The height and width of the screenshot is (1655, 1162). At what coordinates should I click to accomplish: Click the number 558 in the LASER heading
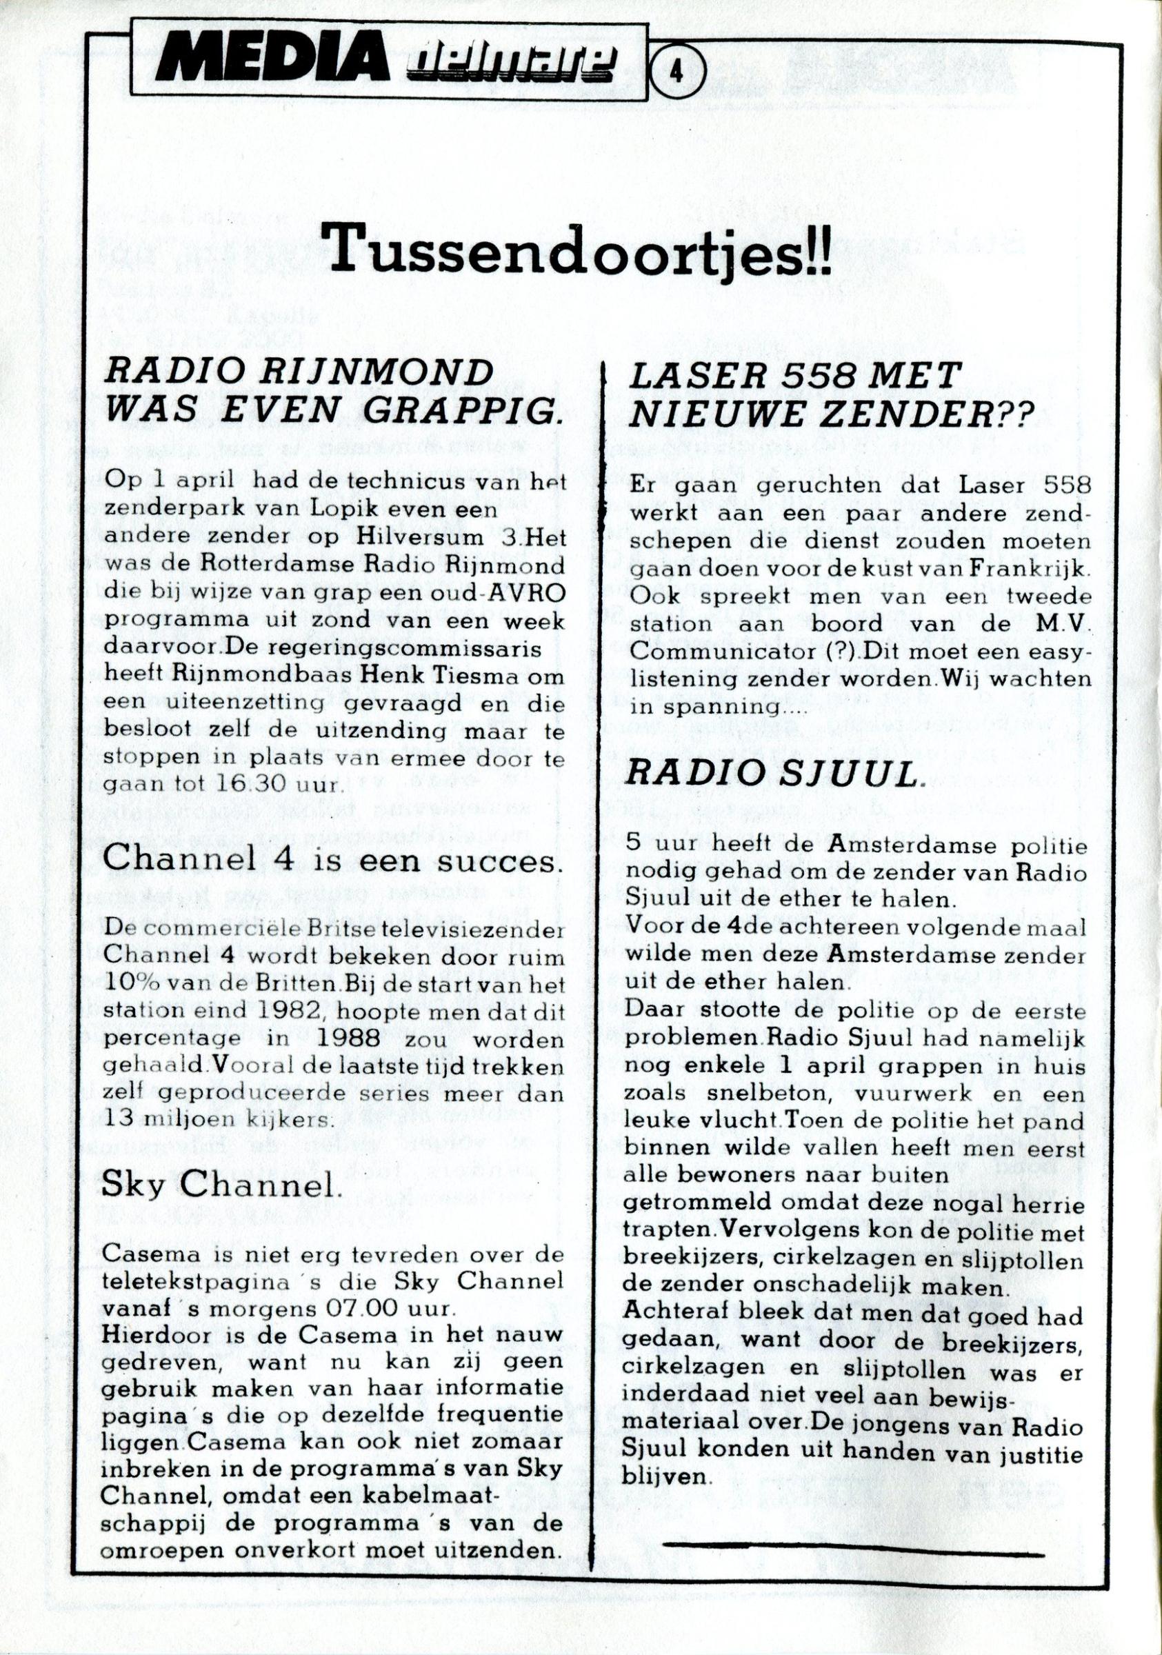tap(815, 378)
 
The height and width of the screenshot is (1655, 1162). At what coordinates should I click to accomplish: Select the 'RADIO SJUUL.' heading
tap(774, 775)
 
